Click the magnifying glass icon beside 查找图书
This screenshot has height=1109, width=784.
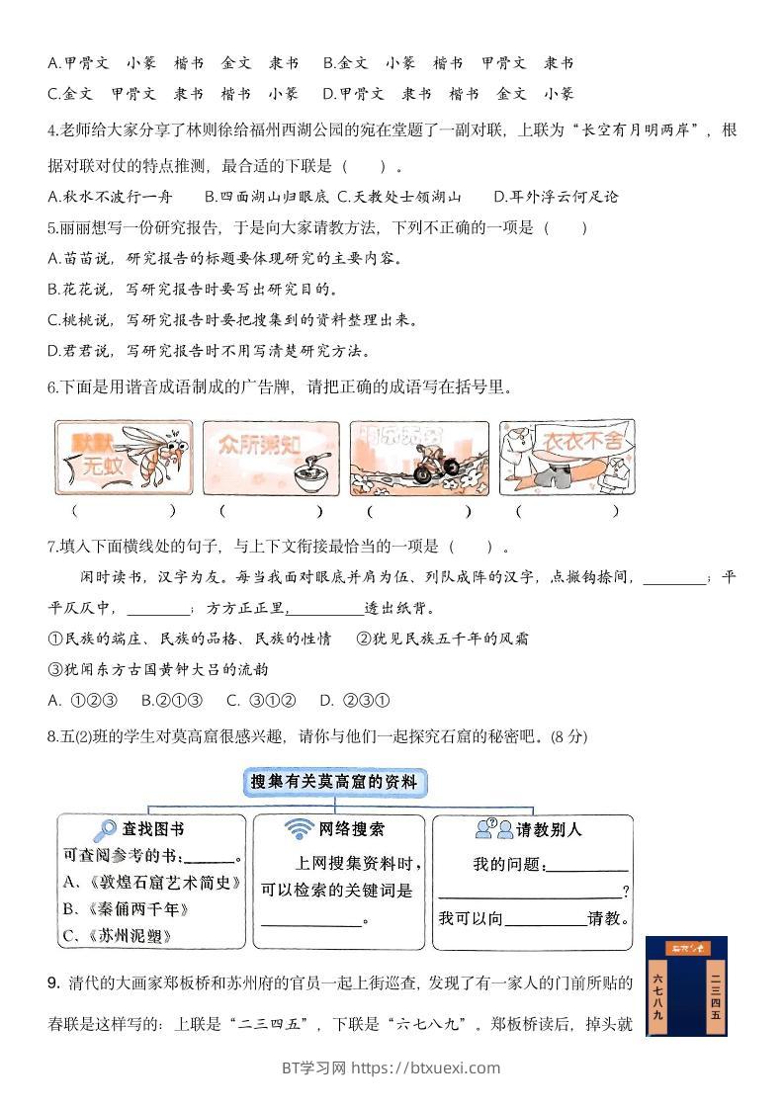[104, 829]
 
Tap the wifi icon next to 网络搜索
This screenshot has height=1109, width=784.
[298, 829]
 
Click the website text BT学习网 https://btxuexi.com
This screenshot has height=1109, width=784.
[392, 1067]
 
